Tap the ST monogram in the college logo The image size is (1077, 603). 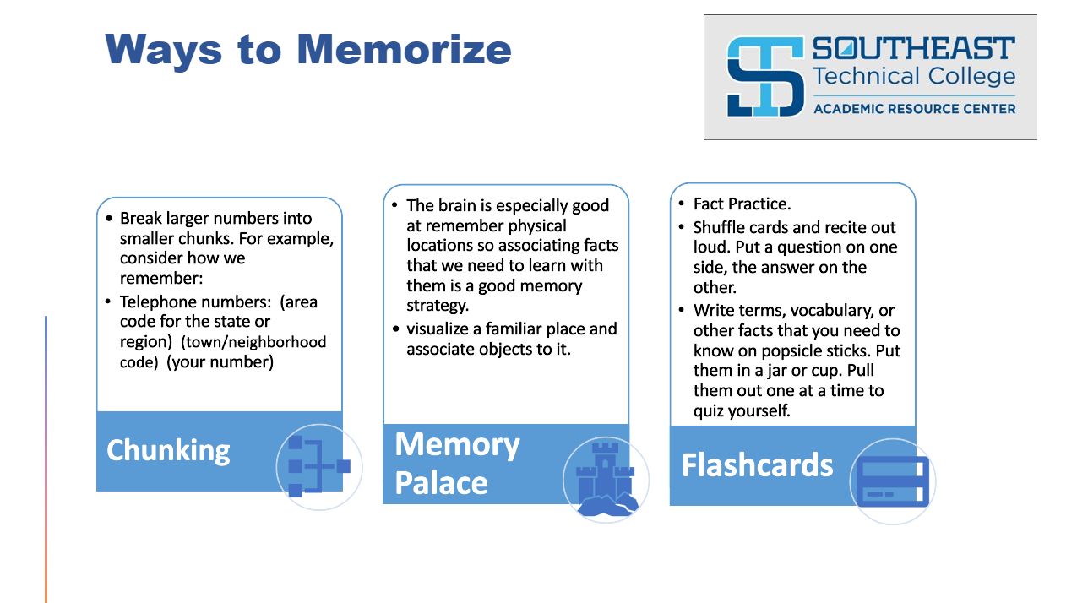pyautogui.click(x=764, y=76)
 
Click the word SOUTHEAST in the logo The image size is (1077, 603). pyautogui.click(x=913, y=48)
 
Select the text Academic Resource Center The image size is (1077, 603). pyautogui.click(x=914, y=108)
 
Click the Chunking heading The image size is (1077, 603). pyautogui.click(x=168, y=450)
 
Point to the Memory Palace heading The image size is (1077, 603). pyautogui.click(x=457, y=464)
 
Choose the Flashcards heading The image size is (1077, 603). pyautogui.click(x=757, y=465)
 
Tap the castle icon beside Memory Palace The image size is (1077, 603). pyautogui.click(x=606, y=479)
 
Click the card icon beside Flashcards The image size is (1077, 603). pyautogui.click(x=892, y=481)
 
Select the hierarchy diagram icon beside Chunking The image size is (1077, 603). pyautogui.click(x=318, y=466)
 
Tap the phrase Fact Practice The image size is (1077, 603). pyautogui.click(x=742, y=204)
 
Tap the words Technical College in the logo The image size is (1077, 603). pyautogui.click(x=913, y=77)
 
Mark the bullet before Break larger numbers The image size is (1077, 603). pyautogui.click(x=110, y=219)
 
